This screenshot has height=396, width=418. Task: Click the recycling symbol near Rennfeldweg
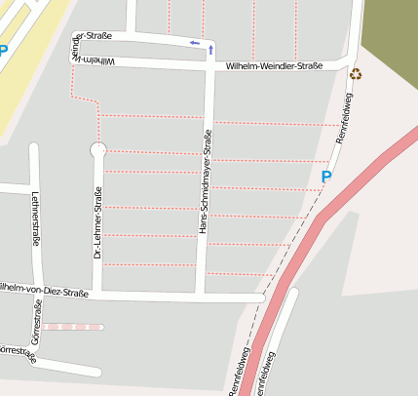[x=356, y=74]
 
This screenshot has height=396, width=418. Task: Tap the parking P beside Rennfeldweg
[x=326, y=177]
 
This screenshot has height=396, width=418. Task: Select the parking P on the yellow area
[x=3, y=51]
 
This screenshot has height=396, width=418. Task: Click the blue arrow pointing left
[x=195, y=43]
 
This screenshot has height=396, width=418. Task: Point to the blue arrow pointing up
[x=211, y=48]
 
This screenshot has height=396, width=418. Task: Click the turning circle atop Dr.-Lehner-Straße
[x=97, y=149]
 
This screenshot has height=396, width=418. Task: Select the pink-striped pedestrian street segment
[x=72, y=327]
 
